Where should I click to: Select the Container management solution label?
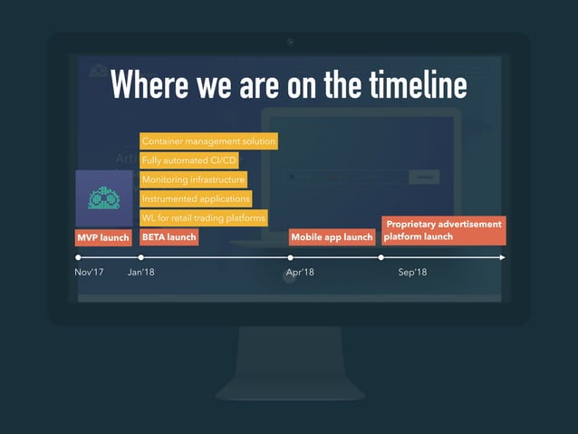208,141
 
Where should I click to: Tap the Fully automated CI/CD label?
189,160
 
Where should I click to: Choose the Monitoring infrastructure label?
193,179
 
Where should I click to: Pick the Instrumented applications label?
195,198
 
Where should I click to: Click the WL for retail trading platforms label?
204,217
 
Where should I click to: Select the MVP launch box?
102,237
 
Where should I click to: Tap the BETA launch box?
169,237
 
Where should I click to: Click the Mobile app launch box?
332,237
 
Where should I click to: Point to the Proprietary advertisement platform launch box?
443,230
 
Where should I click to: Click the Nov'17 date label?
89,273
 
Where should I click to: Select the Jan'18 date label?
141,273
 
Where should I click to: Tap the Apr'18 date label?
300,273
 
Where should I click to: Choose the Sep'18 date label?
412,273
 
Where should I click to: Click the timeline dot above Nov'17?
78,257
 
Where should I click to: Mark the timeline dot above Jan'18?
140,257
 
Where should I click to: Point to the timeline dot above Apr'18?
290,257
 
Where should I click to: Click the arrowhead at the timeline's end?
502,257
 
